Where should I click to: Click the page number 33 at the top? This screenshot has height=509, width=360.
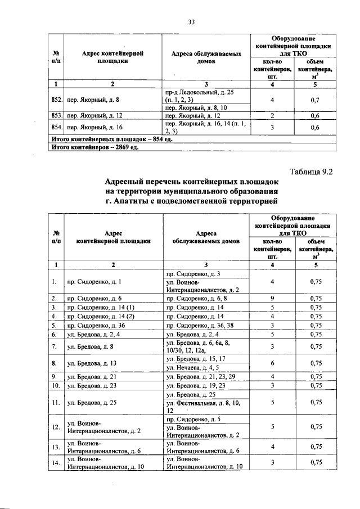[x=191, y=22]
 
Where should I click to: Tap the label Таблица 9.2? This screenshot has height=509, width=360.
[x=310, y=173]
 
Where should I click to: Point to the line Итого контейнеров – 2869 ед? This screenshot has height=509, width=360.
[x=93, y=148]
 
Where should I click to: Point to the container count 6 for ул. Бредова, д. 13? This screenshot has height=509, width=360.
[x=272, y=363]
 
